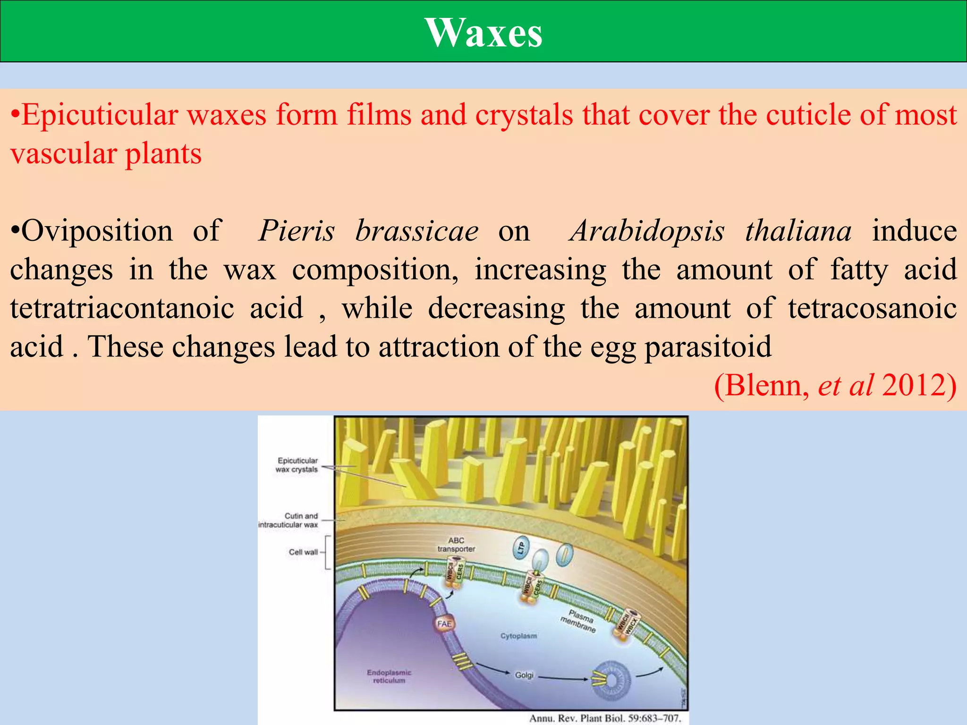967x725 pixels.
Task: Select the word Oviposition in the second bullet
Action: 97,231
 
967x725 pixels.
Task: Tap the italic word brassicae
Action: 417,231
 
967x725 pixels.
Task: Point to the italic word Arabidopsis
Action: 647,231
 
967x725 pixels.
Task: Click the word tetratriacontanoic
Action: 122,308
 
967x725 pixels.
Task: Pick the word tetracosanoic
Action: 872,308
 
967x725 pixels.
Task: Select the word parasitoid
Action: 708,347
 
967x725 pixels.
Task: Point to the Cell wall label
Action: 303,552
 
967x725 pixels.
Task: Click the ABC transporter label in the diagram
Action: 456,545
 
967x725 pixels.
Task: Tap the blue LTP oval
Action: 521,548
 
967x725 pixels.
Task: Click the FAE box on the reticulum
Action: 444,624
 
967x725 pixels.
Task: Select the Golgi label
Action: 524,675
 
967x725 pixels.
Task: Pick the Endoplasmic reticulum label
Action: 389,676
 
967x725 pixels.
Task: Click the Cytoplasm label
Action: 518,636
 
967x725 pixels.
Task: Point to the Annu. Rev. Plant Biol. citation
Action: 605,718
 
